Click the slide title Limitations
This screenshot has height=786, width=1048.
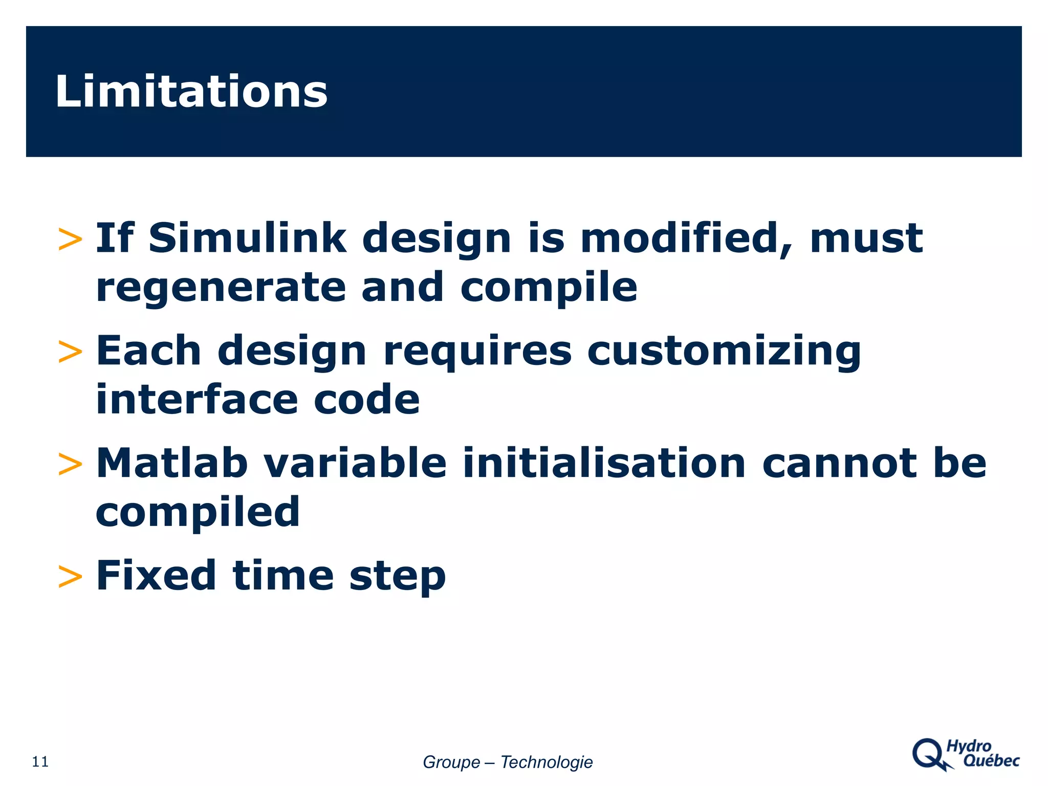(x=191, y=92)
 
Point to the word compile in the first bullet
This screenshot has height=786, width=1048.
(x=549, y=287)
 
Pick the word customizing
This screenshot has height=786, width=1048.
(x=724, y=351)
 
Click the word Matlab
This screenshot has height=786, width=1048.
(x=172, y=463)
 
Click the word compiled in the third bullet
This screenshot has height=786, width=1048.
(x=198, y=512)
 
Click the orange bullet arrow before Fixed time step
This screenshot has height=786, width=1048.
(x=70, y=577)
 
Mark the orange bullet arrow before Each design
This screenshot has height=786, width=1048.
(x=70, y=353)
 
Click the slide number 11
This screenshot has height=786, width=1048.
(x=40, y=762)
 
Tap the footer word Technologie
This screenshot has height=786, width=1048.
(x=546, y=762)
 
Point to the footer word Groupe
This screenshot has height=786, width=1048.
(x=451, y=762)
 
